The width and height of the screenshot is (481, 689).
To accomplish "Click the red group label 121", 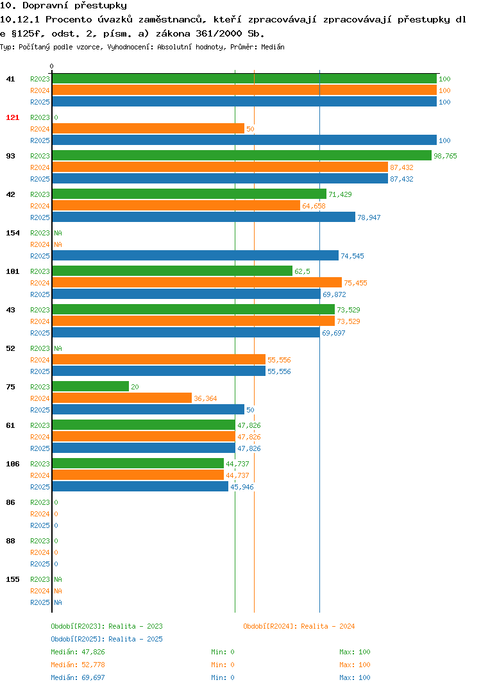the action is click(x=12, y=117).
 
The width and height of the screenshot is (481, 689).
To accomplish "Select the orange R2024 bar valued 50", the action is click(x=149, y=128).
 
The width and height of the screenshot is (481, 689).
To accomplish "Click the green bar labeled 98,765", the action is click(x=242, y=155).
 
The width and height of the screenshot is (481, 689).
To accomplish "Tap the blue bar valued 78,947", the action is click(x=204, y=217).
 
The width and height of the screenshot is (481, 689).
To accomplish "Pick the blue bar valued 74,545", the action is click(x=196, y=255).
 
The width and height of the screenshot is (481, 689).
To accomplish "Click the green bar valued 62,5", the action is click(x=173, y=271).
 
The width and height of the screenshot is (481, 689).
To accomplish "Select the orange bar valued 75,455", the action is click(x=198, y=282).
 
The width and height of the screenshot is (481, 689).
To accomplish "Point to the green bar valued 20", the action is click(x=91, y=386).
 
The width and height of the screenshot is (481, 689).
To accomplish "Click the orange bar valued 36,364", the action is click(x=122, y=398).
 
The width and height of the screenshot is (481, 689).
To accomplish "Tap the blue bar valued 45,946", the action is click(x=140, y=486).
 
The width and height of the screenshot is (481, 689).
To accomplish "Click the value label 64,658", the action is click(x=314, y=206).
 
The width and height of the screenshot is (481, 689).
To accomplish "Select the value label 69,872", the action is click(x=334, y=294).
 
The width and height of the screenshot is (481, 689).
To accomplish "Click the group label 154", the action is click(x=12, y=233).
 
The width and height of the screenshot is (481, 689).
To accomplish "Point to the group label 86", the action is click(x=10, y=502).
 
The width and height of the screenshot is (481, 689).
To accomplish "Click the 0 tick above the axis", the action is click(x=52, y=66).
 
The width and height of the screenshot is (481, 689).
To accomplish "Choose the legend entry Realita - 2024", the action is click(x=299, y=626).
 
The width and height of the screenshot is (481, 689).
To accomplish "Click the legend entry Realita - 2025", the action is click(x=106, y=639).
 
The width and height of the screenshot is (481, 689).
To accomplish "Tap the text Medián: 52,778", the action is click(x=78, y=665).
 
